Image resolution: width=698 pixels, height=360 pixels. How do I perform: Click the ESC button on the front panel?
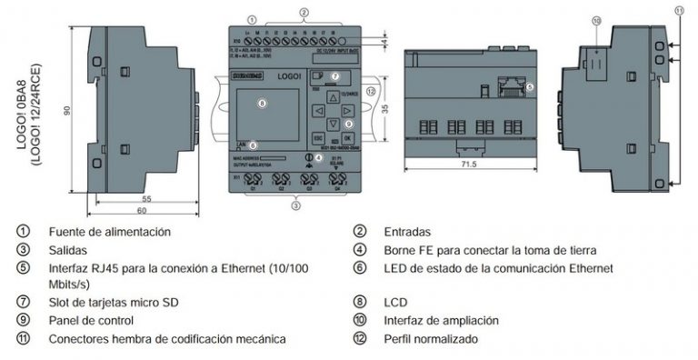[x=319, y=138]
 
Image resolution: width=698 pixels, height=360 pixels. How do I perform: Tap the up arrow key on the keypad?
[x=334, y=95]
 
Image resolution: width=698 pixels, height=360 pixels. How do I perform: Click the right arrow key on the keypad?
[x=348, y=110]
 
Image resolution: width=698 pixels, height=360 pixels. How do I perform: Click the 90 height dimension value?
[x=66, y=109]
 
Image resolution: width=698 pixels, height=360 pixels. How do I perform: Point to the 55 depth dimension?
[x=146, y=198]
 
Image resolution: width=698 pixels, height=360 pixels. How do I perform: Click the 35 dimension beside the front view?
[x=385, y=107]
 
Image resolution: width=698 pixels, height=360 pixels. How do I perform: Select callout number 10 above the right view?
[x=596, y=19]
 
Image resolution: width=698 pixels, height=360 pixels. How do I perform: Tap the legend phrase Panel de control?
[x=91, y=320]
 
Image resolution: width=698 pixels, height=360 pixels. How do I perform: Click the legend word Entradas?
[x=406, y=232]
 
